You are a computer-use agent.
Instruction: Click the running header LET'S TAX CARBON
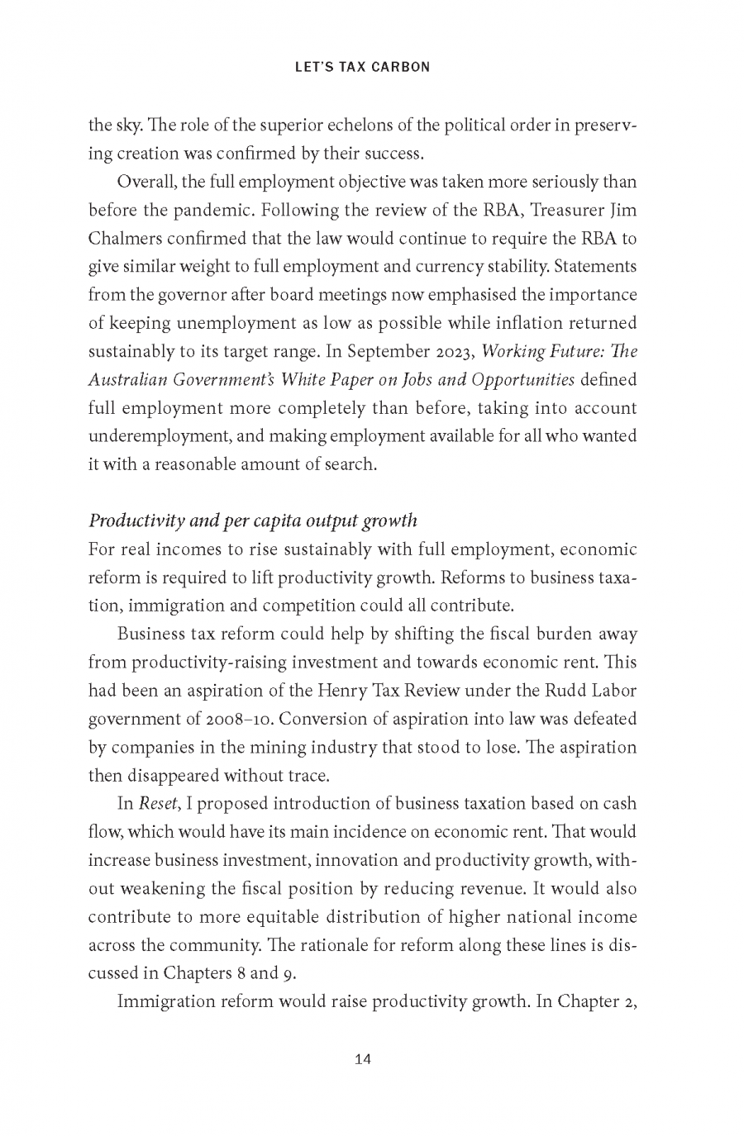tap(362, 67)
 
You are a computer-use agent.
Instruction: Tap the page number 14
tap(362, 1060)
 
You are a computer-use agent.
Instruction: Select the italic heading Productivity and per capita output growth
tap(253, 520)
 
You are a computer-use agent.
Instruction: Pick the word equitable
tap(326, 916)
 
